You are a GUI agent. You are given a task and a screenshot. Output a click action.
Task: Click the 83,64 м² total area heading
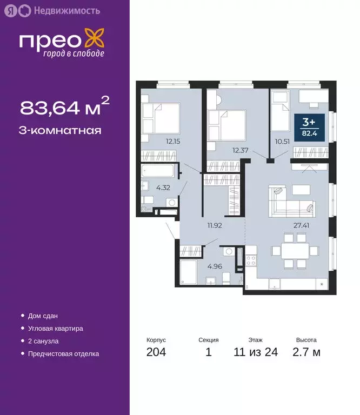coord(64,107)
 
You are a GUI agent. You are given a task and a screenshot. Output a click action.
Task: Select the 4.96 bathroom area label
coord(214,265)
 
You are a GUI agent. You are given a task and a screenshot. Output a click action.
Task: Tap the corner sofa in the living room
coord(287,200)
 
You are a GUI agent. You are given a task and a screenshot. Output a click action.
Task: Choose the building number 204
coord(156,353)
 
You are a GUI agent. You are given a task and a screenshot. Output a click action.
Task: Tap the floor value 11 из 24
coord(256,353)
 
